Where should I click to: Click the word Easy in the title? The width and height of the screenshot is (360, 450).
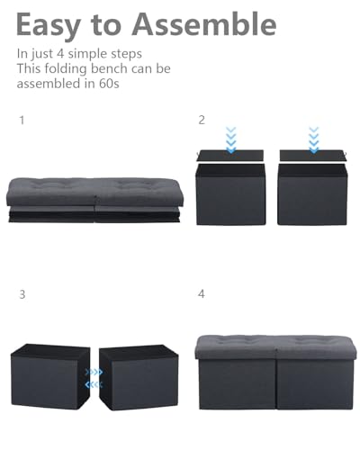tap(54, 24)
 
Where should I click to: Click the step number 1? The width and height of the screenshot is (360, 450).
tap(22, 119)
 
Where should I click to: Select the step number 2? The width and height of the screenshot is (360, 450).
tap(202, 119)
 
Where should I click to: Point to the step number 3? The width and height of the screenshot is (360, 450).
tap(22, 293)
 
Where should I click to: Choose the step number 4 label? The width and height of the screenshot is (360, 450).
tap(202, 293)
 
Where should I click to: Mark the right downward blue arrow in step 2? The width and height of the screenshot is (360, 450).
tap(313, 139)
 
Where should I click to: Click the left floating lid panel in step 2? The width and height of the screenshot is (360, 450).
tap(231, 156)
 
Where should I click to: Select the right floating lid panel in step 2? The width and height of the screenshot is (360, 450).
tap(312, 156)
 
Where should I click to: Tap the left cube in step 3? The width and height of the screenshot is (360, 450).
tap(48, 375)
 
